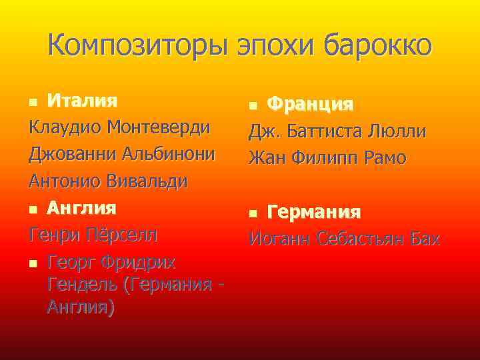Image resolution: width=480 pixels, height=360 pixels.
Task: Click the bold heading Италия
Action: [82, 101]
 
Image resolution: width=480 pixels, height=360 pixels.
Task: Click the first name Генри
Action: [53, 235]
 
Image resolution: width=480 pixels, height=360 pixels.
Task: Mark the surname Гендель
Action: [79, 285]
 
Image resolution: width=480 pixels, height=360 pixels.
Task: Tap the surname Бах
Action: [423, 239]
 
